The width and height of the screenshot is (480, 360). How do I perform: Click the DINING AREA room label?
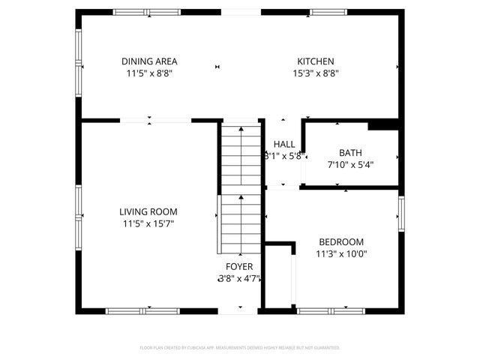click(x=150, y=61)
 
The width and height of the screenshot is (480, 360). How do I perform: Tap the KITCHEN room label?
click(x=316, y=61)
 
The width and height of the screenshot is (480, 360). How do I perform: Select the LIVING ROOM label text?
click(x=150, y=212)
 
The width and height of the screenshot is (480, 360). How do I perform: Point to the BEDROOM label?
click(x=341, y=242)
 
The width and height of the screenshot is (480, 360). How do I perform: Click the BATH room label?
click(x=350, y=152)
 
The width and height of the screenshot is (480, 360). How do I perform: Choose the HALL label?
click(x=284, y=145)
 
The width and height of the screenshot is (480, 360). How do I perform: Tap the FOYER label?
click(x=239, y=267)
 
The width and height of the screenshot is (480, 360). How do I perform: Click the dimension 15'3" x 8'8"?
click(x=316, y=73)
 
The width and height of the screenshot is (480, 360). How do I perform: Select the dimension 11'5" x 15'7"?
click(x=150, y=223)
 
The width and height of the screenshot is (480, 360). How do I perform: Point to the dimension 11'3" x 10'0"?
click(x=341, y=253)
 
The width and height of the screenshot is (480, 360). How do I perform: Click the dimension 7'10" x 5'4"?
click(x=350, y=164)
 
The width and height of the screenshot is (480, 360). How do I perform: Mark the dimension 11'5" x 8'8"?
click(x=150, y=73)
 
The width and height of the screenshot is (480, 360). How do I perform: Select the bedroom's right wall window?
click(x=401, y=214)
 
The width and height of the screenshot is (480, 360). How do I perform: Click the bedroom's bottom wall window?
click(x=331, y=310)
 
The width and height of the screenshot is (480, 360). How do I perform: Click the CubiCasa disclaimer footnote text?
click(x=240, y=348)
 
